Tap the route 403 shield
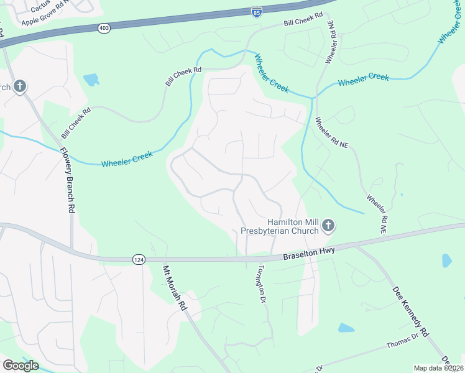103,28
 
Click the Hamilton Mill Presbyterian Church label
293,226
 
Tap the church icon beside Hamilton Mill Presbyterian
328,226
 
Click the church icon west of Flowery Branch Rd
20,86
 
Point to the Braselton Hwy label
309,252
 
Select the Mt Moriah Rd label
174,288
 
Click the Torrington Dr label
262,283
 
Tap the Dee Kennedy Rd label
411,311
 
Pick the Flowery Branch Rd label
67,180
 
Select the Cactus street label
40,7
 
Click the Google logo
21,365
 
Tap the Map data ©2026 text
438,368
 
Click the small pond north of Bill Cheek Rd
91,80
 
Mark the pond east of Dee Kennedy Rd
447,260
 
